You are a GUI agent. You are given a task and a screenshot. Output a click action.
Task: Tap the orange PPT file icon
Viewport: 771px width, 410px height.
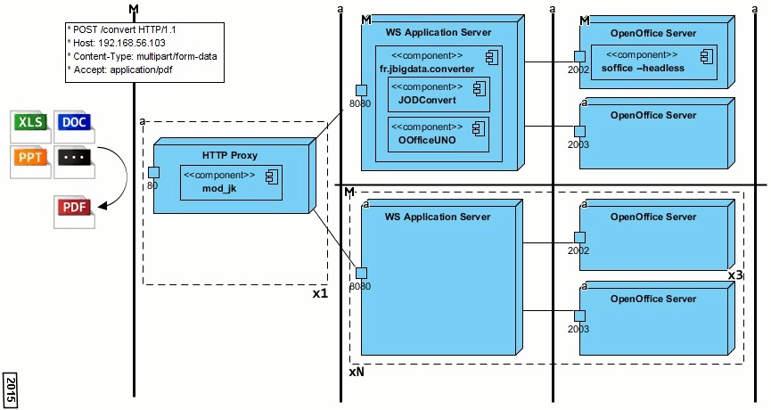pos(31,160)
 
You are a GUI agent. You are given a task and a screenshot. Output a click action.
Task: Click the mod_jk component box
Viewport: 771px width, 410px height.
pos(232,183)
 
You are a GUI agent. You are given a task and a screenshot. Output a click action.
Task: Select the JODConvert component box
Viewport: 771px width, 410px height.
pos(439,94)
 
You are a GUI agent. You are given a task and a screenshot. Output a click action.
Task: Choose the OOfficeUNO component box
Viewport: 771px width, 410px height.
pos(439,134)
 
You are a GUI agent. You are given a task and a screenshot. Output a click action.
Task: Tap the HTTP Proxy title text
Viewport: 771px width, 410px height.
pos(229,155)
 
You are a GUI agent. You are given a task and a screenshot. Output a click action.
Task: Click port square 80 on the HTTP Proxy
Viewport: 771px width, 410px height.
pos(153,172)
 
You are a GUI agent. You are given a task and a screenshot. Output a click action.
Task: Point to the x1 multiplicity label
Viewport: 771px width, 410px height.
pos(319,293)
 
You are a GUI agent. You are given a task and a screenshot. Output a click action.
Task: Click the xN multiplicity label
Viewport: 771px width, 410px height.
pos(356,373)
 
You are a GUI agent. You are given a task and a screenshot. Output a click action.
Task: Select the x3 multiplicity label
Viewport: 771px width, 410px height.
pos(735,276)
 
